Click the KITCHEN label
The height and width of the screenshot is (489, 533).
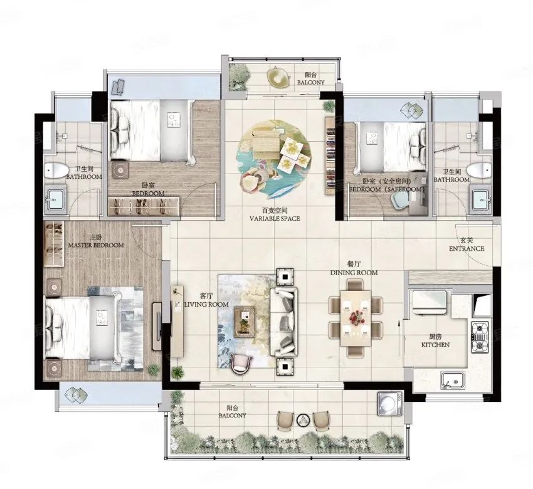tap(435, 345)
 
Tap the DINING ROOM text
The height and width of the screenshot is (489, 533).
tap(354, 273)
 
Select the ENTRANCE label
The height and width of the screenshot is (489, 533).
tap(467, 249)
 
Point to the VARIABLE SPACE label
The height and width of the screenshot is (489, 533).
tap(275, 219)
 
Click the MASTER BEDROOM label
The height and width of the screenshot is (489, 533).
tap(96, 245)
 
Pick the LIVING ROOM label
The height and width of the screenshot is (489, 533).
tap(206, 305)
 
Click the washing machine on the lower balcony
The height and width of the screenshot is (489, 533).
tap(390, 403)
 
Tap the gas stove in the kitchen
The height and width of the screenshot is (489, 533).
tap(480, 337)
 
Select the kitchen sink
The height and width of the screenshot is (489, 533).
tap(453, 381)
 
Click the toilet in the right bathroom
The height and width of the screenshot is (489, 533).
tap(479, 170)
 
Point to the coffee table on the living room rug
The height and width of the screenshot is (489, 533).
tap(245, 322)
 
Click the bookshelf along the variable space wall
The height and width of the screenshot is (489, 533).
tap(330, 155)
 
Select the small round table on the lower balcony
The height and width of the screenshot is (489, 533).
tap(302, 421)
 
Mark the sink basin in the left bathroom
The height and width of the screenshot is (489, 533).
tap(55, 199)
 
